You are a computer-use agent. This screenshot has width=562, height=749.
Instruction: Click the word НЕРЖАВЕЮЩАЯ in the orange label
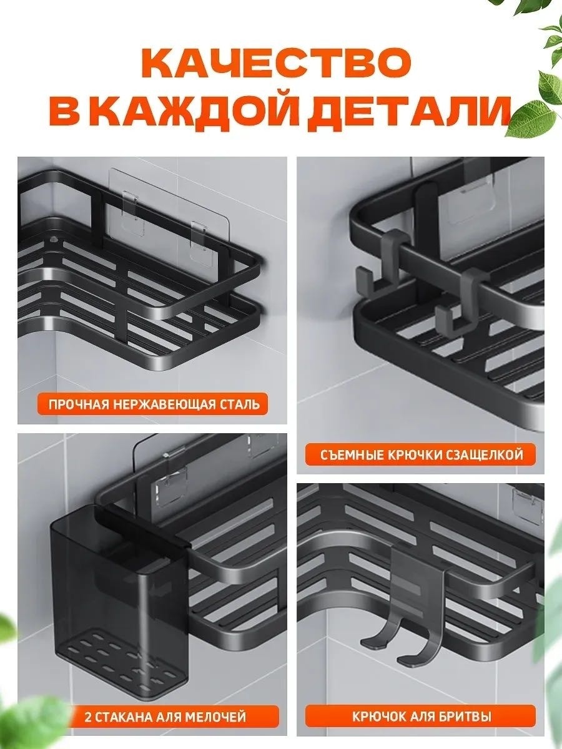click(164, 404)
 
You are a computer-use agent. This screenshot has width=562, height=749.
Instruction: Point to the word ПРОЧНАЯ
click(79, 404)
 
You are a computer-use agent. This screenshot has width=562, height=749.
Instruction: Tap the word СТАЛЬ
click(240, 404)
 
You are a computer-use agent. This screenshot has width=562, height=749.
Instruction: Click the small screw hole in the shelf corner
click(53, 239)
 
